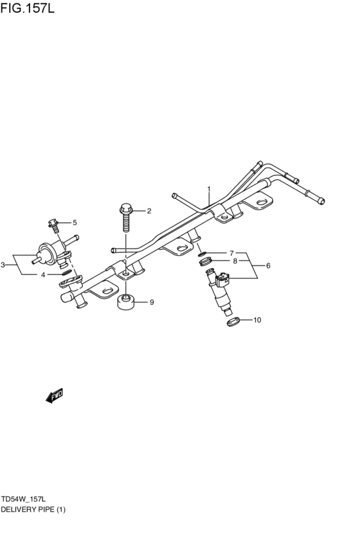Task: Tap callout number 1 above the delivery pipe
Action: (209, 190)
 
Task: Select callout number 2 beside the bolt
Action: (148, 210)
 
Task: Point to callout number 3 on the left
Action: (3, 264)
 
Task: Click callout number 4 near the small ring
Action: (43, 274)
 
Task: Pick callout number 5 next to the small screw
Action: (74, 222)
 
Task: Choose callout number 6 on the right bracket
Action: (268, 265)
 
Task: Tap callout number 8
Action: (235, 261)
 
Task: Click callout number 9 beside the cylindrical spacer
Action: (152, 301)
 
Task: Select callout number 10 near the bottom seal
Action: (258, 319)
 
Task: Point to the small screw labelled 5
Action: (53, 224)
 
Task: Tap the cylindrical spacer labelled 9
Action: (126, 302)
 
